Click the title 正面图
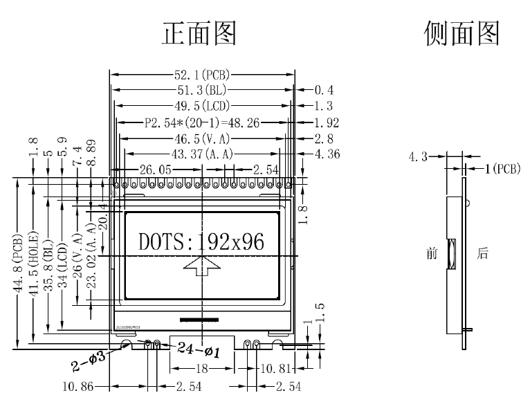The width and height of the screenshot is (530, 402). coord(199,33)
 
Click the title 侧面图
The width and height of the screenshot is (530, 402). coord(462,33)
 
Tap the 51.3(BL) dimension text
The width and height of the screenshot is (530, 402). coord(201,90)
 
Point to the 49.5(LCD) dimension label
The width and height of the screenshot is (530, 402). coord(201,106)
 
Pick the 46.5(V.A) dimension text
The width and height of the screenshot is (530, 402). coord(202,138)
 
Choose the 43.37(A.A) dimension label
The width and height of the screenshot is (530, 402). coord(201,154)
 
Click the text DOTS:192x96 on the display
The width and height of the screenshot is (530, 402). coord(201,241)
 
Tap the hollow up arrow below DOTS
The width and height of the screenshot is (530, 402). coord(202,266)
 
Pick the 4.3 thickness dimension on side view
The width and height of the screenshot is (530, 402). coord(419,158)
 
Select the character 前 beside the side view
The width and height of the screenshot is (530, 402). coord(432,254)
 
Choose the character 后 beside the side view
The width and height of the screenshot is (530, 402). coord(482,254)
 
